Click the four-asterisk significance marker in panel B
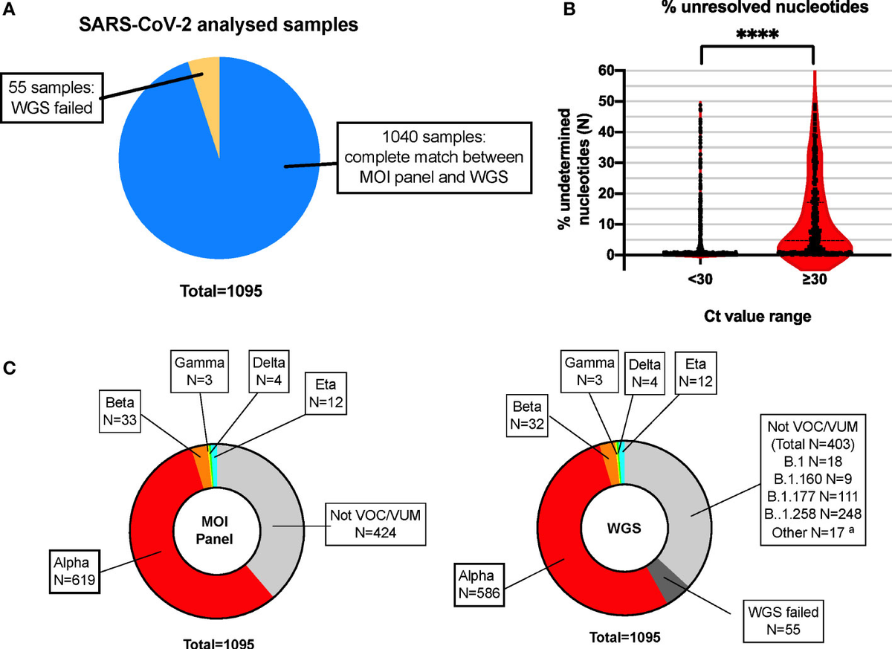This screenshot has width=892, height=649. coord(757,34)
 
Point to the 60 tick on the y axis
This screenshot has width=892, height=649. coord(607,70)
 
